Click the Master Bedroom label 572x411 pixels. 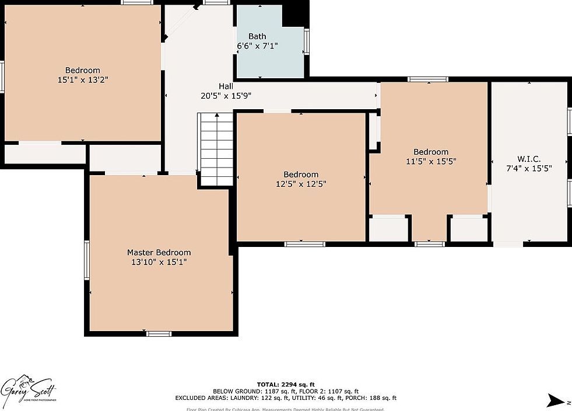click(x=159, y=252)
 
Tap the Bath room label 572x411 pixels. click(x=257, y=36)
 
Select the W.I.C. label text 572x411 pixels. click(x=528, y=159)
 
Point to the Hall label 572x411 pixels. click(x=226, y=86)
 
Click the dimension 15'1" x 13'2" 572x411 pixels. click(x=82, y=80)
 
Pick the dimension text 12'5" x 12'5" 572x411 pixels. click(x=301, y=184)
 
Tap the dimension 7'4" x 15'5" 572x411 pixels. click(x=528, y=168)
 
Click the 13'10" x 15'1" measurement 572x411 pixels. click(x=159, y=262)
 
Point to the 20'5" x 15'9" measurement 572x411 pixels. click(x=226, y=96)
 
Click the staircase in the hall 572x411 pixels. click(x=217, y=149)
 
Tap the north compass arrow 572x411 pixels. click(x=555, y=400)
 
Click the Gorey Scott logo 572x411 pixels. click(x=29, y=386)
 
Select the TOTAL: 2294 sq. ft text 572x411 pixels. click(x=286, y=384)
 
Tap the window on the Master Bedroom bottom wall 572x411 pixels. click(x=158, y=333)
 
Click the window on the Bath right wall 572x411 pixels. click(x=306, y=41)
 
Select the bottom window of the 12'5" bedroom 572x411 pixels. click(x=304, y=243)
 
